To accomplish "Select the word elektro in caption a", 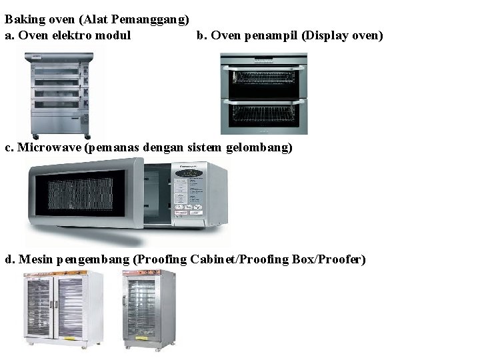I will [x=74, y=35].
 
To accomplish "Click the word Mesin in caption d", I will [x=36, y=259].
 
